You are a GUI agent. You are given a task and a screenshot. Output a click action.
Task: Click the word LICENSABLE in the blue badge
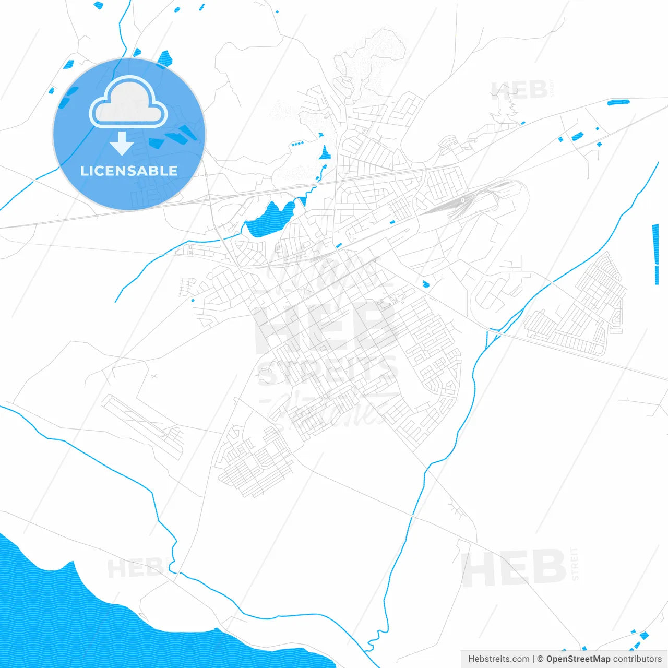tap(129, 171)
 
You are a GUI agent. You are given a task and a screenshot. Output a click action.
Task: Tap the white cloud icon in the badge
tap(128, 103)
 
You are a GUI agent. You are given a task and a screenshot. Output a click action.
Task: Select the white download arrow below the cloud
tap(122, 144)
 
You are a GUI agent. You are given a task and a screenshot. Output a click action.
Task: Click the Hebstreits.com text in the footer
tap(499, 659)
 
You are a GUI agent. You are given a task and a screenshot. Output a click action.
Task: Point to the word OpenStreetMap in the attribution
tap(578, 659)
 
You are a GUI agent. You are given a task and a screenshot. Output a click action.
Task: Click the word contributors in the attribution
tap(637, 659)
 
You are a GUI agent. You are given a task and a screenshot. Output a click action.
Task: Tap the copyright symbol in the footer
tap(541, 659)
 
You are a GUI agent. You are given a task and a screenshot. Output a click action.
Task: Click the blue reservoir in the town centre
tap(269, 219)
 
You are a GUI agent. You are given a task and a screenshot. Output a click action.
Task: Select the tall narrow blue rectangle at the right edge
tap(655, 254)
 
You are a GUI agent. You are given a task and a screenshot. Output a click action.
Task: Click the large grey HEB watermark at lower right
tap(514, 568)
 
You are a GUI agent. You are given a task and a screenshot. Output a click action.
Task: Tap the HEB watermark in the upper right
tap(519, 91)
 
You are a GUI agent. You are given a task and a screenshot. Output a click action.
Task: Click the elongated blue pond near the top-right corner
tap(618, 102)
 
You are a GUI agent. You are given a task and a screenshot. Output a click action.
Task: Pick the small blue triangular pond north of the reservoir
tap(325, 153)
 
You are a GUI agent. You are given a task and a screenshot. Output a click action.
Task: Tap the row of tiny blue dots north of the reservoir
tap(297, 144)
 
